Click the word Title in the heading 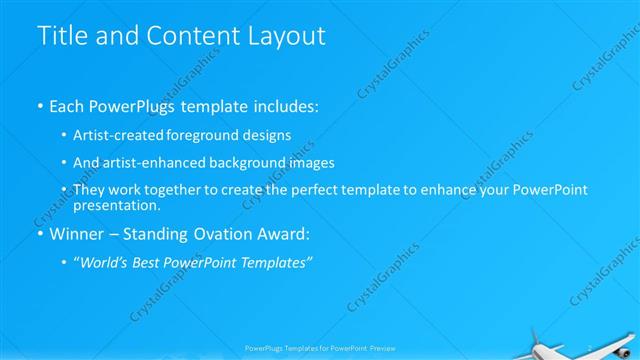[60, 35]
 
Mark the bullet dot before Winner [39, 236]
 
